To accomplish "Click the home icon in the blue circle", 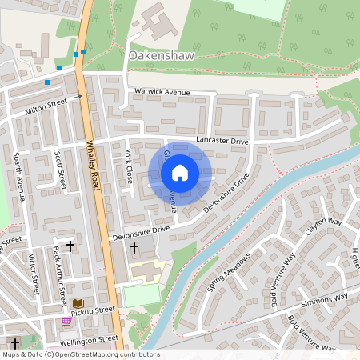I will [x=180, y=173].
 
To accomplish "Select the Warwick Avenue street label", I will [x=162, y=93].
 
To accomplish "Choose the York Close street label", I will [x=128, y=166].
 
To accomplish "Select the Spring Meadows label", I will [x=229, y=272].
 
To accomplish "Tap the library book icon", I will [x=78, y=303].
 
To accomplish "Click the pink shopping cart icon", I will [x=66, y=322].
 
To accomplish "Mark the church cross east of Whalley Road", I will [x=134, y=249].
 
